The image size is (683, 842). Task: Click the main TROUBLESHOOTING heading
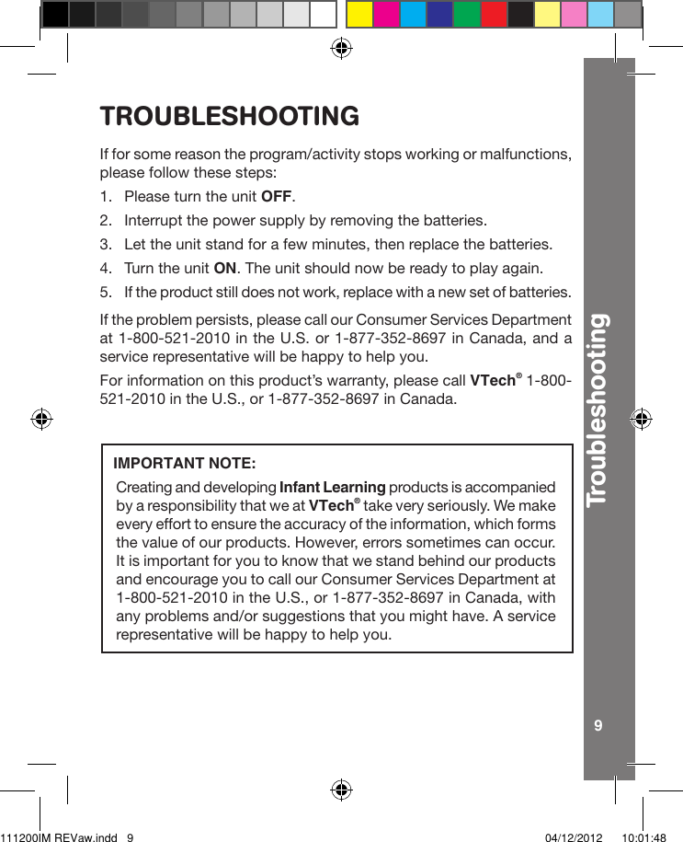(x=229, y=117)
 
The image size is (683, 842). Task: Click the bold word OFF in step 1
(x=278, y=197)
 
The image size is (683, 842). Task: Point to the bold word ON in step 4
(x=224, y=269)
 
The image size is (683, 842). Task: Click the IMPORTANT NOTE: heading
(x=184, y=461)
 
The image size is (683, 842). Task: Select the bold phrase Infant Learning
(x=332, y=487)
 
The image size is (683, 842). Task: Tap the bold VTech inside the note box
(x=332, y=505)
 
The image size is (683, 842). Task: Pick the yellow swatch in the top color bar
(x=359, y=14)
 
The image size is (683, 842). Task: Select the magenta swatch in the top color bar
(x=386, y=14)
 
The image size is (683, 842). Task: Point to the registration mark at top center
(x=341, y=48)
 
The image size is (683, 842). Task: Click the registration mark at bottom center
(x=341, y=790)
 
